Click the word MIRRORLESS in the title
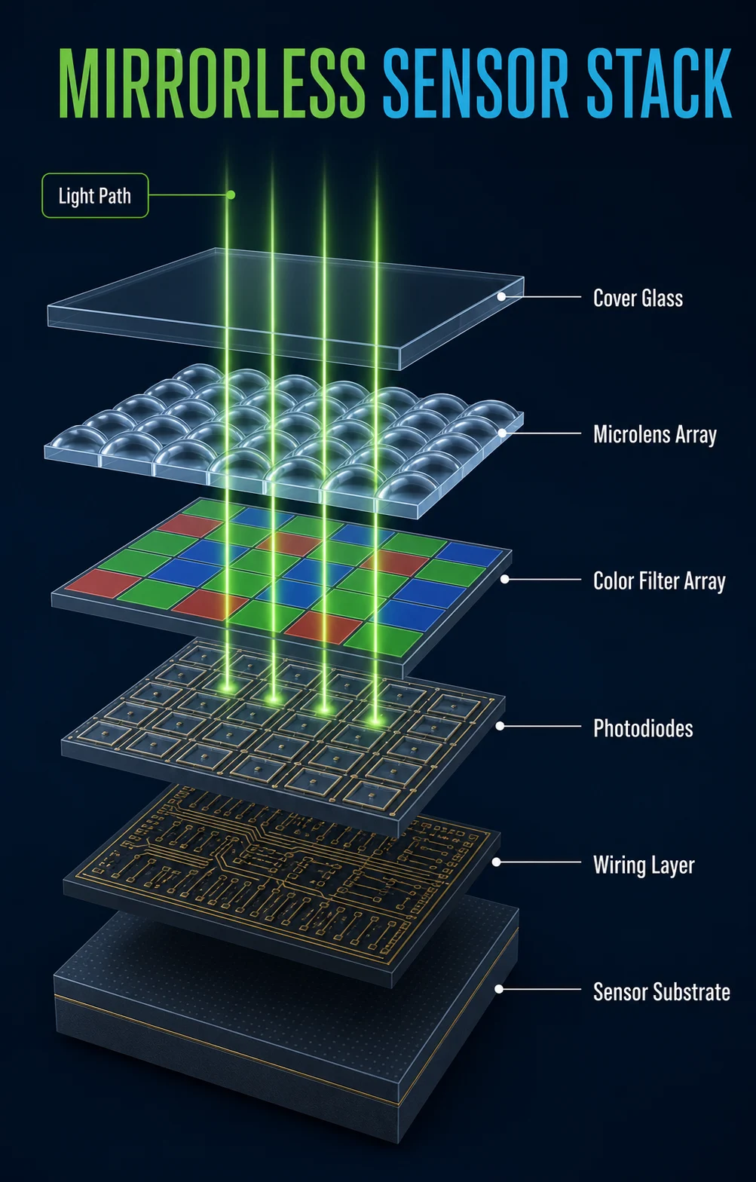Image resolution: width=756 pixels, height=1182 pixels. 212,83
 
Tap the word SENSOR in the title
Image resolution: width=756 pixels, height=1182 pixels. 475,83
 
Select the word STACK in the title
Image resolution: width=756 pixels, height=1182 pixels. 659,83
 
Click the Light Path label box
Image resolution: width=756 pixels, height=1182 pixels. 95,195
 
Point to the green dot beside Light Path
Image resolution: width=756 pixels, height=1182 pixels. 231,194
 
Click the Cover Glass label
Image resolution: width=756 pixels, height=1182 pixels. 638,299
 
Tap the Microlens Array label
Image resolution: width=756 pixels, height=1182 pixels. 655,435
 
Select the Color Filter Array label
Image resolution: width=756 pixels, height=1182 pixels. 659,581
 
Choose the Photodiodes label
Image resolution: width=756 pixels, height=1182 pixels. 643,728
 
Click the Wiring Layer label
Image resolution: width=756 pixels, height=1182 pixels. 644,865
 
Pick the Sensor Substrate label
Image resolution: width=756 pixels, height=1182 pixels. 662,991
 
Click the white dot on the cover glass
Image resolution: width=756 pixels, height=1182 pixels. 501,296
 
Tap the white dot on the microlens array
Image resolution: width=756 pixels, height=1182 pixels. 502,433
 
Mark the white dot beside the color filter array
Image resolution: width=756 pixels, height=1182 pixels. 505,580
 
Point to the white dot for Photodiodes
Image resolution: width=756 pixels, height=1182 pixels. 500,726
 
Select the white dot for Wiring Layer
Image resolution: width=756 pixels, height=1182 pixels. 497,862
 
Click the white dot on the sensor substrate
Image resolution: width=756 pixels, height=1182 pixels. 498,989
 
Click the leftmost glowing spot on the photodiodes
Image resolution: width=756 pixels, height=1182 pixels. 228,687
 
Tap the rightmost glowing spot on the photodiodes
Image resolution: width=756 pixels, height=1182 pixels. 375,718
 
